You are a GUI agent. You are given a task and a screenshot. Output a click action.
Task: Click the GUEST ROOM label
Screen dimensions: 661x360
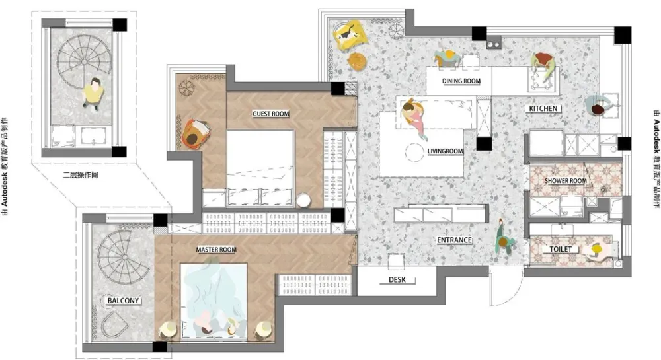point(270,114)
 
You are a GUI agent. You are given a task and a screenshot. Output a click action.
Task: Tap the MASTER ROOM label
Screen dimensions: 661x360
point(216,250)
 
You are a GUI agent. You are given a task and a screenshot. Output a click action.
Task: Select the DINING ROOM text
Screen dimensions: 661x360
point(461,81)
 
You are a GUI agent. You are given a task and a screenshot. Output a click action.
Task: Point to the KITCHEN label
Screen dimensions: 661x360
point(543,108)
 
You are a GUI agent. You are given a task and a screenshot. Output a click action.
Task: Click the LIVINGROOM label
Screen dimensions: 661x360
point(445,151)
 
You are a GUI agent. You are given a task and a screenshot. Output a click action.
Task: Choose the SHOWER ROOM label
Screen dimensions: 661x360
point(565,181)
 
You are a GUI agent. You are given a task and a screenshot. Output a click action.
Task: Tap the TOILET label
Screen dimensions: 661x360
point(561,249)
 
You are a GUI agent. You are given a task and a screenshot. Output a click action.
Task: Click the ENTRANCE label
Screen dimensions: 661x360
point(454,240)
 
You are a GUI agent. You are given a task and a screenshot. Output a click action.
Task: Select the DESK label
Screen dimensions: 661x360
point(397,279)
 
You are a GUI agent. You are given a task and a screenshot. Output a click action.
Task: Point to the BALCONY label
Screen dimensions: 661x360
point(123,301)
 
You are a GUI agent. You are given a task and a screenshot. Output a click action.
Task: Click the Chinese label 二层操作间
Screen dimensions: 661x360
point(81,175)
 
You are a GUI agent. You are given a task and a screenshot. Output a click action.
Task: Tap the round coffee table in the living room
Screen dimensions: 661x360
point(414,153)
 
